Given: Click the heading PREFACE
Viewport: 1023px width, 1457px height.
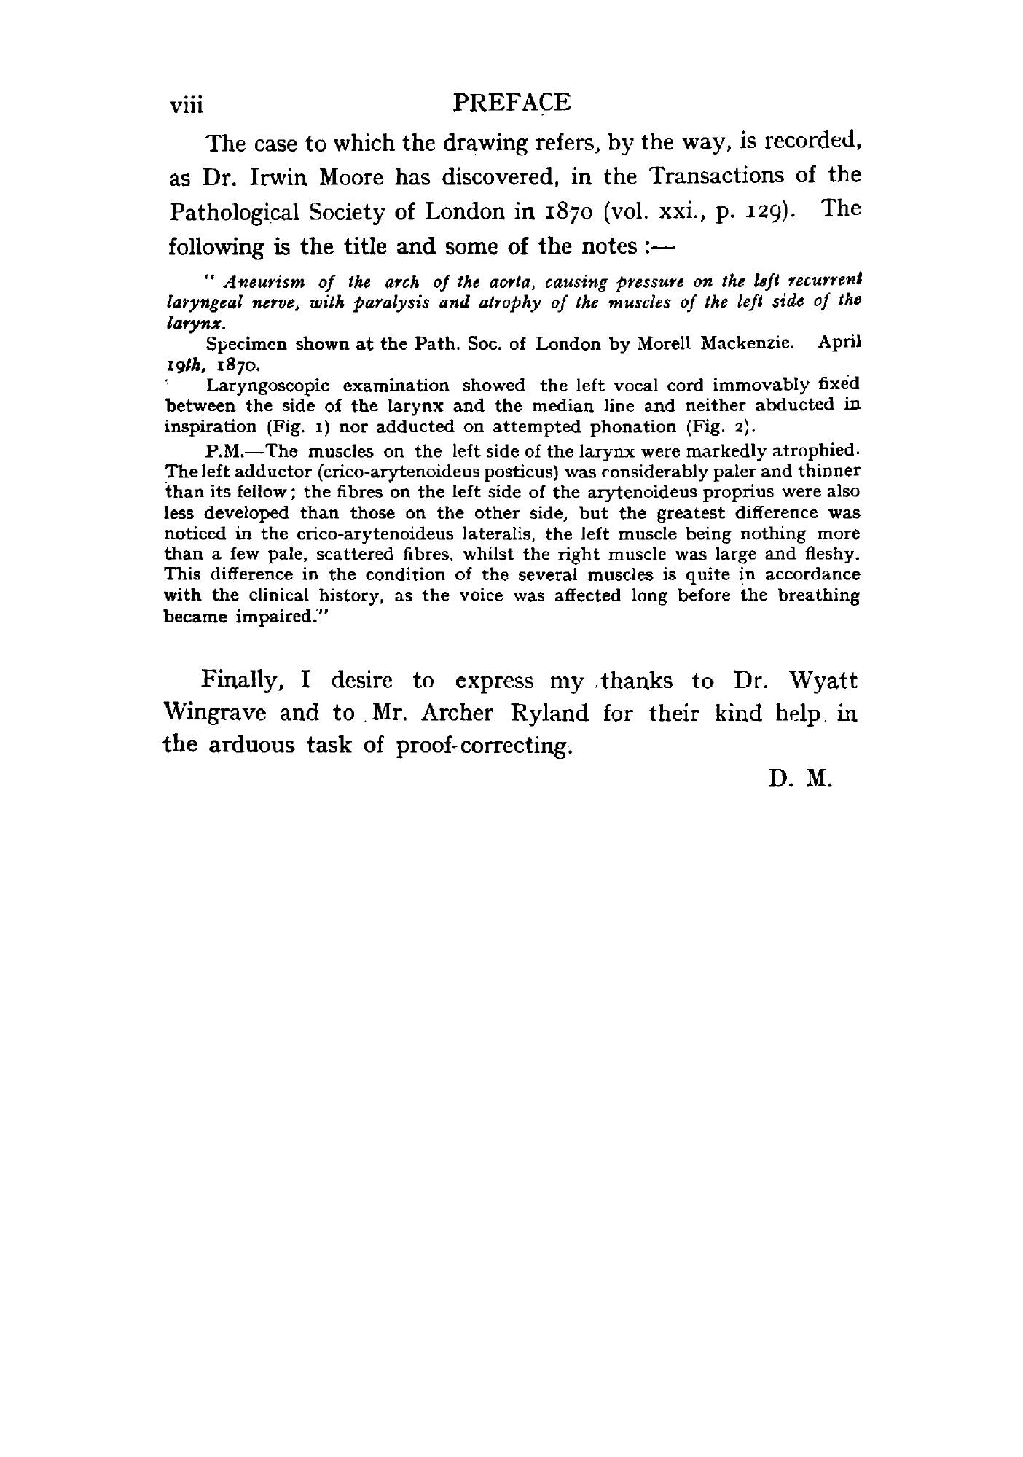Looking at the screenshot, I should click(511, 102).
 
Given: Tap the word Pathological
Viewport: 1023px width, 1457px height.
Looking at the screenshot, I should click(240, 213).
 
